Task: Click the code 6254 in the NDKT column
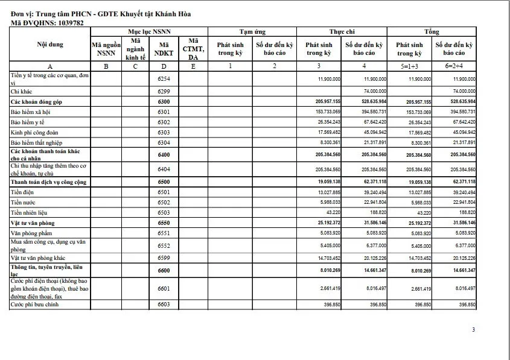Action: (164, 79)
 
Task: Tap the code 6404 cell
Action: (164, 169)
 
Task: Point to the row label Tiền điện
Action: (22, 192)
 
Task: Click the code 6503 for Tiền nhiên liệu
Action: (164, 213)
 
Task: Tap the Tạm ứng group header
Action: (252, 31)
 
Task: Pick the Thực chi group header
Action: (342, 31)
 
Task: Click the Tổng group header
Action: (432, 31)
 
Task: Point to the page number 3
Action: (474, 329)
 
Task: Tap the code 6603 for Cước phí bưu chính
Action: (164, 305)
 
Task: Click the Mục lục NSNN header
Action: (148, 31)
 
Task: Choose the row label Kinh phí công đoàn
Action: (33, 132)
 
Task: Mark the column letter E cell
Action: (193, 66)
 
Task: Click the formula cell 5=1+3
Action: (409, 66)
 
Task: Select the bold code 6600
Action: (164, 271)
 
